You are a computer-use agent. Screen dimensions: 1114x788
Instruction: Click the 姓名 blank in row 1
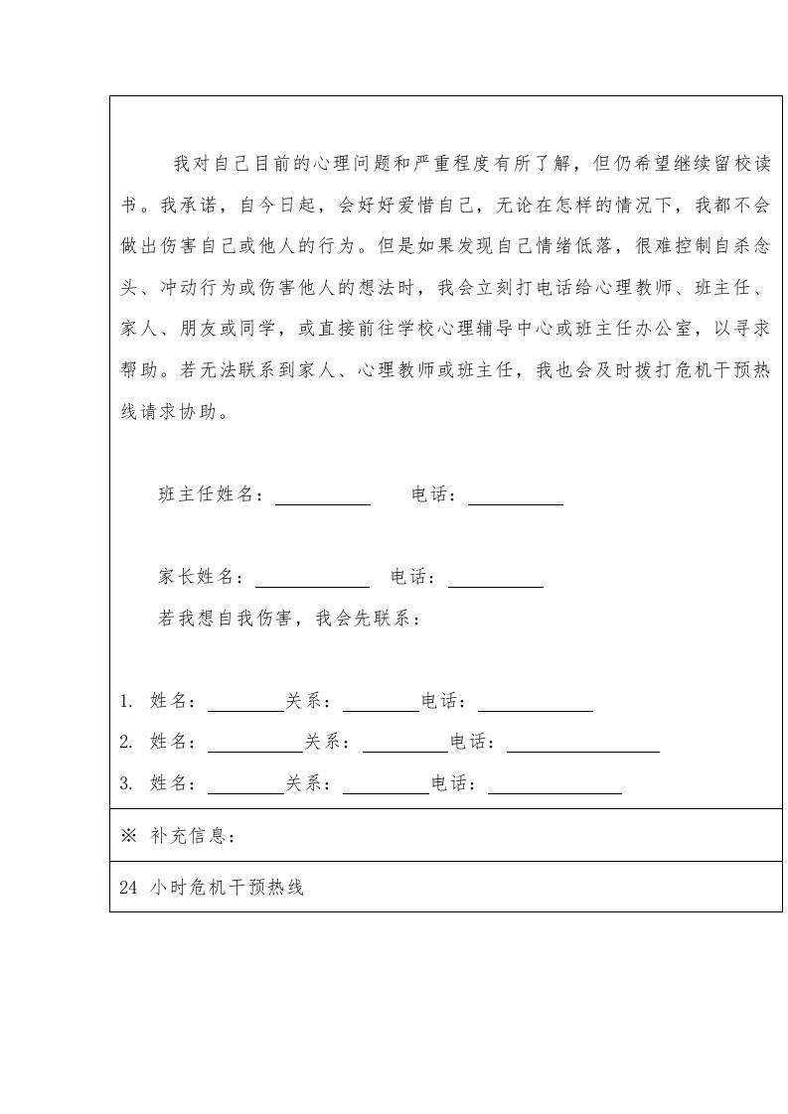click(245, 703)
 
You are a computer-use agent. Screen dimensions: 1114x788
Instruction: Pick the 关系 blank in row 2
click(404, 744)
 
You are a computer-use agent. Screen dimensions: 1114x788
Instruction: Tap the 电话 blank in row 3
click(554, 784)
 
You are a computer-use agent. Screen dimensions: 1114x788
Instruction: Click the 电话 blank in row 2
click(582, 744)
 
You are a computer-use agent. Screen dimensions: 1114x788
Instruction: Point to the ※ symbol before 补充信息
click(127, 836)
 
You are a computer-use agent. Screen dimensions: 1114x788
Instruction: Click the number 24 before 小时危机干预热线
click(127, 889)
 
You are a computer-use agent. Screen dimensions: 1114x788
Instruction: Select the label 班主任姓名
click(212, 494)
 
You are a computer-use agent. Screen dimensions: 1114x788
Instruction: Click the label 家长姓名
click(201, 577)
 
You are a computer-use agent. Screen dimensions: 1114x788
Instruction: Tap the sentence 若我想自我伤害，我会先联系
click(289, 619)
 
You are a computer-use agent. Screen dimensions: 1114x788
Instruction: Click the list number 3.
click(125, 783)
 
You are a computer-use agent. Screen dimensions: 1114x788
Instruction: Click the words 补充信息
click(192, 836)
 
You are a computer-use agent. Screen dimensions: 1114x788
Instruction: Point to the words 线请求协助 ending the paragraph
click(169, 411)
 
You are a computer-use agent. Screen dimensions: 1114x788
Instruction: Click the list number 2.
click(125, 743)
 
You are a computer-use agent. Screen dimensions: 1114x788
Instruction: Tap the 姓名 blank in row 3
click(245, 784)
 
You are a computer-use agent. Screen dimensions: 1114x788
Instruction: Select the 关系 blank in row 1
click(381, 703)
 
